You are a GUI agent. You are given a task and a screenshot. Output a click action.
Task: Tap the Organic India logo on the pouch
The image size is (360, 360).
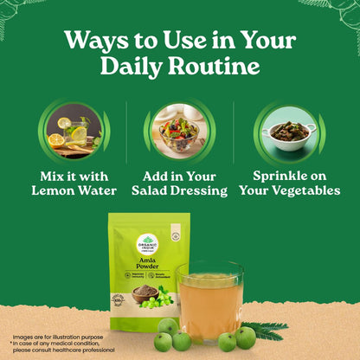[147, 243]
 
